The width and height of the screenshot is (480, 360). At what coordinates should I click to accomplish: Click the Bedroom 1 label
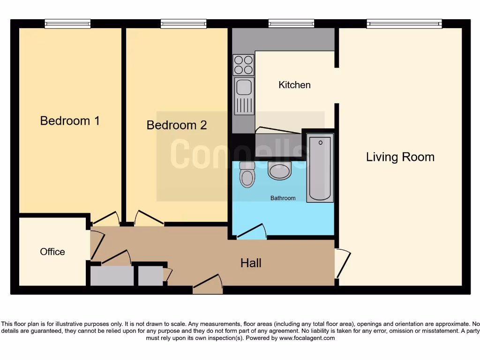point(70,121)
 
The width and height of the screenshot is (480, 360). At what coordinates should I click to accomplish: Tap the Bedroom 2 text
point(176,125)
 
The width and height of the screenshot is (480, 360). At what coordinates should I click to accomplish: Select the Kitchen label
point(294,85)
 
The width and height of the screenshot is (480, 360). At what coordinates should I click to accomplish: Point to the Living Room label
point(400,157)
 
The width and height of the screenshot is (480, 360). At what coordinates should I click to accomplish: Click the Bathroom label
point(283,198)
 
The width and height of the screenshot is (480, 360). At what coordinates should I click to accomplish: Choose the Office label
point(52,252)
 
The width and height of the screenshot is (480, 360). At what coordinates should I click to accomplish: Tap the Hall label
point(251,263)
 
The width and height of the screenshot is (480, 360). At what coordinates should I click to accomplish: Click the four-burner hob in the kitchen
point(243,65)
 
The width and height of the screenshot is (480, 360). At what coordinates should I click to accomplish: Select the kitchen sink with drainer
point(244,96)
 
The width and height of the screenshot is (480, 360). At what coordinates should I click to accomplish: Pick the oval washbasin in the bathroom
point(280,171)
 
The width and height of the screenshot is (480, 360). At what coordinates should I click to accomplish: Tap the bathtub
point(320,168)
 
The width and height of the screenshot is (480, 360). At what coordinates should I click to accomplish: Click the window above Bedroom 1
point(67,23)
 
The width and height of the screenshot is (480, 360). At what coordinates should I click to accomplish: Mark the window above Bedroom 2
point(183,23)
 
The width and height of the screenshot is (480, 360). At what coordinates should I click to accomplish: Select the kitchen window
point(291,23)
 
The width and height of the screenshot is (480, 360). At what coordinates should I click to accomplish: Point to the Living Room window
point(404,23)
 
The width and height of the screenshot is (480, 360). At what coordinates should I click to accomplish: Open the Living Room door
point(342,263)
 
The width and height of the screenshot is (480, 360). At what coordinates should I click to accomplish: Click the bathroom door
point(252,232)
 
